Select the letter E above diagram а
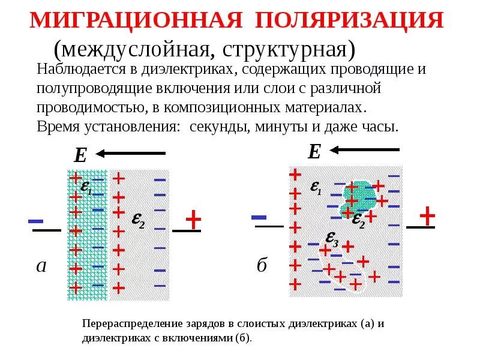tap(80, 156)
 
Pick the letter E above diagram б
tap(314, 152)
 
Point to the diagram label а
tap(41, 266)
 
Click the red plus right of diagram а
tap(193, 220)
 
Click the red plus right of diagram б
tap(427, 214)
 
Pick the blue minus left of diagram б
tap(259, 216)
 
